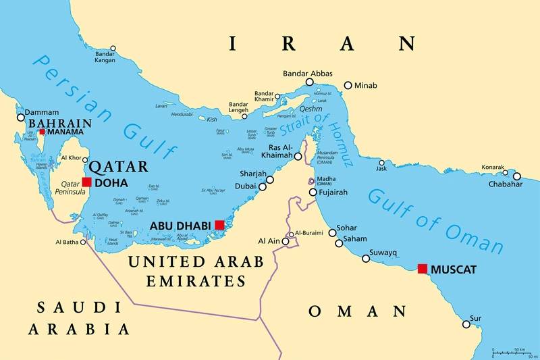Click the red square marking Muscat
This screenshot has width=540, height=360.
(423, 269)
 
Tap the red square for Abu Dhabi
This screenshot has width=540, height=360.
(219, 225)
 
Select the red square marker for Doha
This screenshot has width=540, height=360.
(87, 182)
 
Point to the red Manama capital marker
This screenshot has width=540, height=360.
(42, 132)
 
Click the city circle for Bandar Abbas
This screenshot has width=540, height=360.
(309, 82)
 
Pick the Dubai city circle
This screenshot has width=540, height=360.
(263, 186)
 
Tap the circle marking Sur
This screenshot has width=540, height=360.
(466, 324)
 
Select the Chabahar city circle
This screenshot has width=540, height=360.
(517, 176)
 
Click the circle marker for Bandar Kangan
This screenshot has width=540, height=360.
(113, 49)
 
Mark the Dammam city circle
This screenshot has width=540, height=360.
(21, 118)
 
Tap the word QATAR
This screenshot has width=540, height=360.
(118, 166)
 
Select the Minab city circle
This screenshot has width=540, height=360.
(348, 86)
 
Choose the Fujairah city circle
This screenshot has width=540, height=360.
(313, 192)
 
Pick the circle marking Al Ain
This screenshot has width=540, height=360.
(285, 240)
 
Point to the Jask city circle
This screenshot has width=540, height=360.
(382, 163)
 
